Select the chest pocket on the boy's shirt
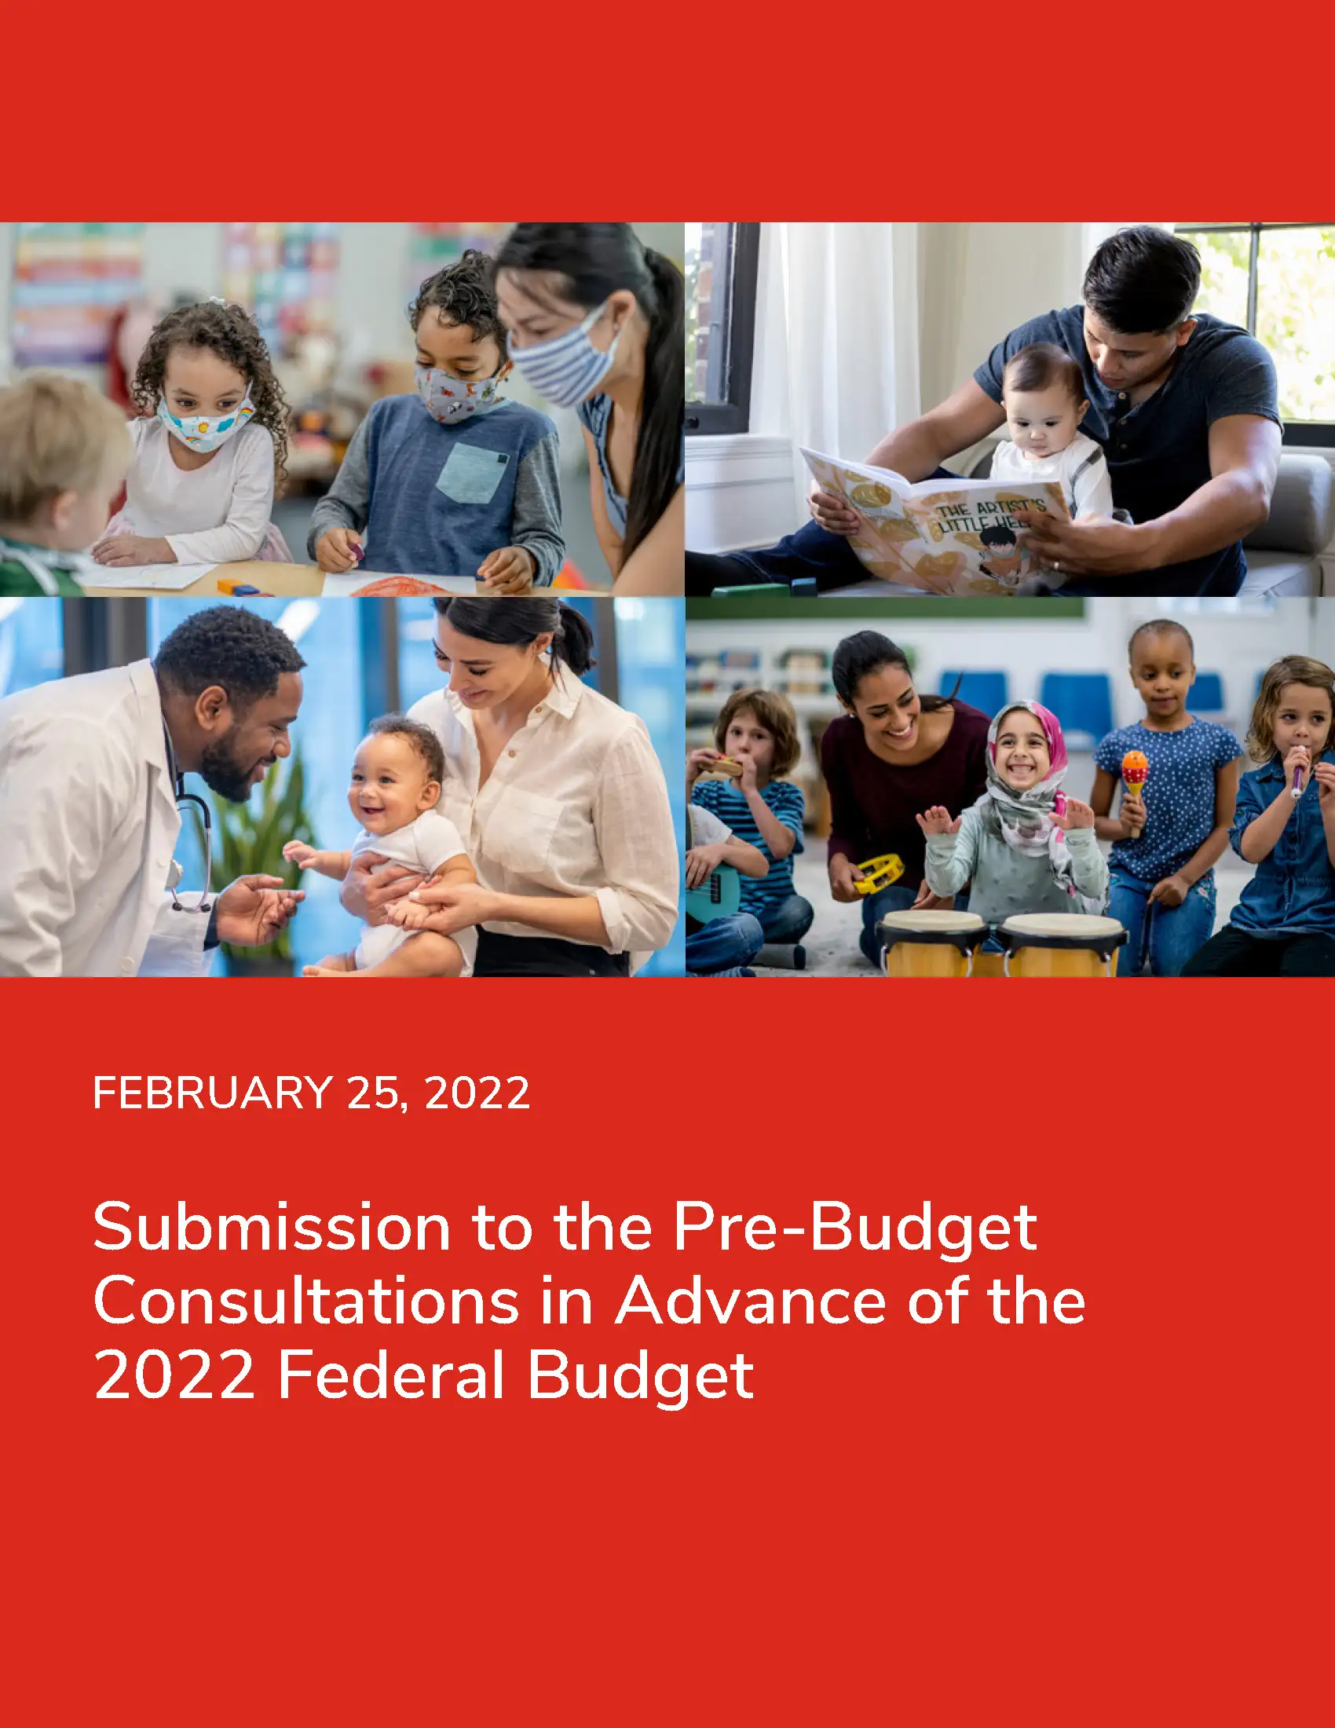[472, 473]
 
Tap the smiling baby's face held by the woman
[393, 783]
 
